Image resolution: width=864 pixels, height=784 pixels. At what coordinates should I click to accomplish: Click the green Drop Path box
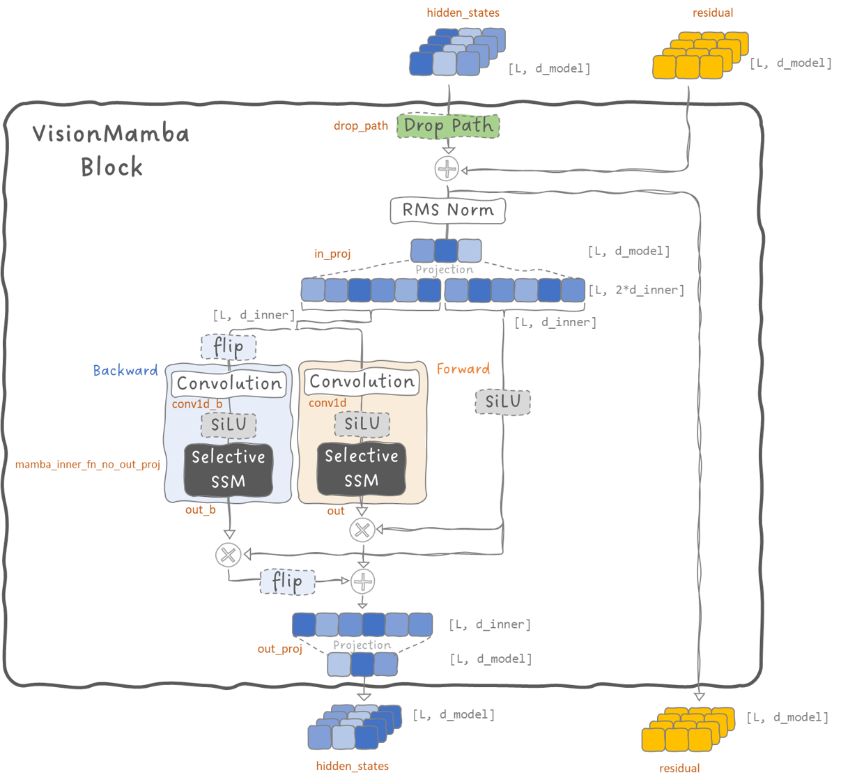click(448, 126)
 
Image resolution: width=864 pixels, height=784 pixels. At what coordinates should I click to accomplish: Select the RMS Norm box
click(447, 210)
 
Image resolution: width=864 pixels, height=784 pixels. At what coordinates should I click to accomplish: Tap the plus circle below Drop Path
click(447, 169)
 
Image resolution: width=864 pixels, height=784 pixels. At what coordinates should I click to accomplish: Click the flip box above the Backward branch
click(229, 346)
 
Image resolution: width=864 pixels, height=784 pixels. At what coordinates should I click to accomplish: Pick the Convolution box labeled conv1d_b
click(229, 383)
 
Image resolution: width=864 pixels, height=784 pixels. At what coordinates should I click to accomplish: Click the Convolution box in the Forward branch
click(362, 382)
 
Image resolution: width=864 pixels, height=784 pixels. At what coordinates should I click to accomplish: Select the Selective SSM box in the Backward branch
click(229, 469)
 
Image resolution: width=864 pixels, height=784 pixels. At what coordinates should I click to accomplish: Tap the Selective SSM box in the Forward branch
click(362, 468)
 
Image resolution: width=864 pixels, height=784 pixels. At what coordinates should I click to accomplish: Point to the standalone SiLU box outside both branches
click(502, 401)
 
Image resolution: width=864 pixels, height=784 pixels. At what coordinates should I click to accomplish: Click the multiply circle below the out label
click(362, 530)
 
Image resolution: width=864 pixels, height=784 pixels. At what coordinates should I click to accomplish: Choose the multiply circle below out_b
click(228, 555)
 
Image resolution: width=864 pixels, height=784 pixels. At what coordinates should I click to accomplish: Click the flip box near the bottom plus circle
click(287, 581)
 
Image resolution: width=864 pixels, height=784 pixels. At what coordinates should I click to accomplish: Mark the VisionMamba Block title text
click(111, 150)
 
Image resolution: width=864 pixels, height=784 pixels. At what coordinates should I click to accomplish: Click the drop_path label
click(360, 126)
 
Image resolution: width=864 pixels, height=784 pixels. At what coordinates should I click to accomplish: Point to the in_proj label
click(332, 254)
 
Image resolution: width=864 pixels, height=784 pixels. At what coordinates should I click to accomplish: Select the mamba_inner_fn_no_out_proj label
click(88, 464)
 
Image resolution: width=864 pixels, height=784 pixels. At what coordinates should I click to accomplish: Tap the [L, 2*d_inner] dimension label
click(636, 290)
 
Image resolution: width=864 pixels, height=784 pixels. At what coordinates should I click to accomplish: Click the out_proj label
click(280, 649)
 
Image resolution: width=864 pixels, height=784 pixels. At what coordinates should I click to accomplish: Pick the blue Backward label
click(125, 371)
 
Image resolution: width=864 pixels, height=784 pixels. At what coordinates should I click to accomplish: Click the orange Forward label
click(463, 369)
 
